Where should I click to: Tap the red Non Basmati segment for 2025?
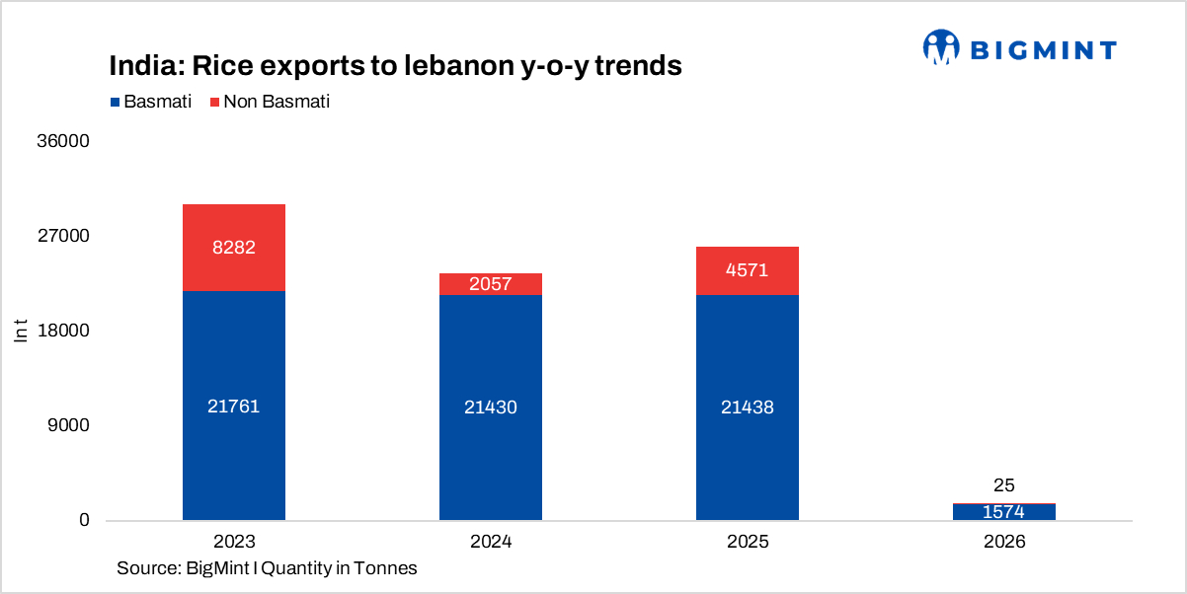[748, 270]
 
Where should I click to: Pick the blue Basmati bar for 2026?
[1004, 512]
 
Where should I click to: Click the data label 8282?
[234, 248]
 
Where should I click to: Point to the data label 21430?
[491, 407]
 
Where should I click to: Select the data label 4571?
[748, 270]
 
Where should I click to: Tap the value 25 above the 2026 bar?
[1004, 485]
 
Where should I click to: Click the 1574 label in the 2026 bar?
[1004, 512]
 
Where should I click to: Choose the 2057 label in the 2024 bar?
[491, 285]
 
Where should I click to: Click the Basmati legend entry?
[151, 102]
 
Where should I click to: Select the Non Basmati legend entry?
[269, 102]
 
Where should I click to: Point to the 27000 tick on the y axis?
[63, 236]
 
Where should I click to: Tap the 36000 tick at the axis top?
[63, 141]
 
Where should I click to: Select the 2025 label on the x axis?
[748, 543]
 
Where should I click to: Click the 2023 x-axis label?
[234, 543]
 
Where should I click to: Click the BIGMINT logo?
[1019, 47]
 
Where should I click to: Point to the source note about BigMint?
[267, 568]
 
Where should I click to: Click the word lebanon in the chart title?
[458, 66]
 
